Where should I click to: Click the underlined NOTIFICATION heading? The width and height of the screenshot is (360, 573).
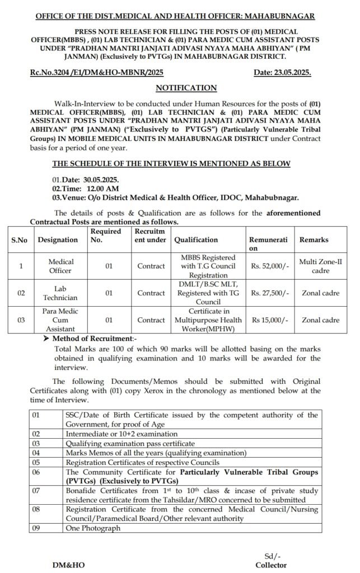[186, 87]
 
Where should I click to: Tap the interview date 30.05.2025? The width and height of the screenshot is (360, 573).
[101, 180]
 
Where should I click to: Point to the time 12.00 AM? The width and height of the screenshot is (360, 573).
[102, 189]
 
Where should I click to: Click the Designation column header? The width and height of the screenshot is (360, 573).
[58, 239]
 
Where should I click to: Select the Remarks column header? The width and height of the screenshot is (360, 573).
[314, 239]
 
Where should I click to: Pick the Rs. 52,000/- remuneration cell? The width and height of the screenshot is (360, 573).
[270, 266]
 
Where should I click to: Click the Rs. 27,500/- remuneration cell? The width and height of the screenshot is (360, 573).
[270, 293]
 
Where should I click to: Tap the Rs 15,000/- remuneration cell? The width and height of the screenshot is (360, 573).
[269, 320]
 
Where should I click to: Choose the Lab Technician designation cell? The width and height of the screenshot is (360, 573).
[57, 293]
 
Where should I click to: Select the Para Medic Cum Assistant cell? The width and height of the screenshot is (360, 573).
[57, 320]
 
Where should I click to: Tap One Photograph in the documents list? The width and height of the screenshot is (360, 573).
[93, 528]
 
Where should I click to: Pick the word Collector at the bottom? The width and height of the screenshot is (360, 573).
[271, 565]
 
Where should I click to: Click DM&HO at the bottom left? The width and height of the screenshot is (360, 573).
[69, 565]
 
